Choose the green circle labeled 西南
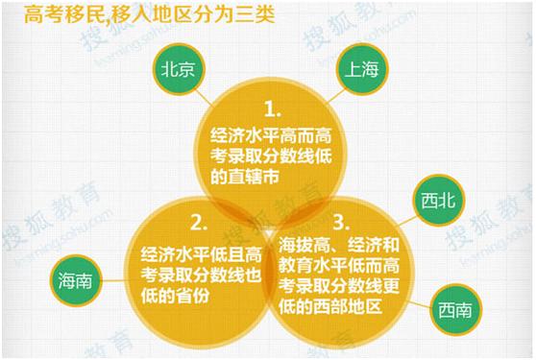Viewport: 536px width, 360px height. pos(454,310)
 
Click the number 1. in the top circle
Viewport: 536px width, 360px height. pos(272,104)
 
